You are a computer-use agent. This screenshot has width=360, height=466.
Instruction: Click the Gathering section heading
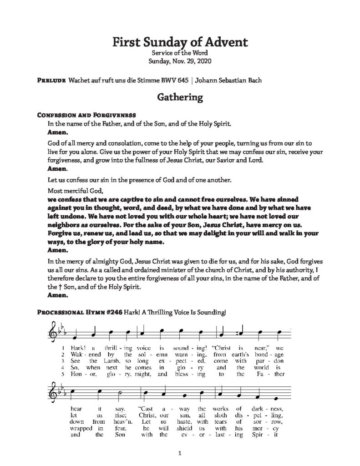(180, 97)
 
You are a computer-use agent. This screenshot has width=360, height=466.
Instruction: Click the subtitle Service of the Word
(180, 53)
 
